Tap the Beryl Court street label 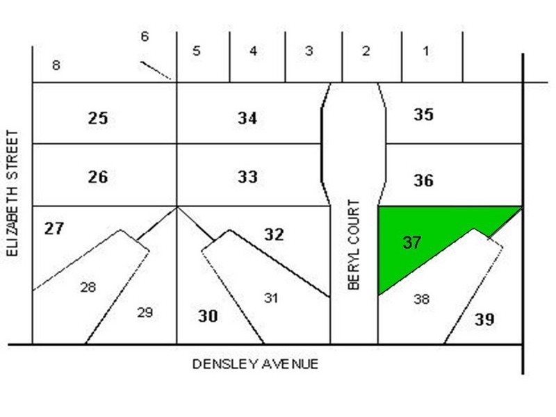pyautogui.click(x=354, y=245)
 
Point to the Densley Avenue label pyautogui.click(x=255, y=363)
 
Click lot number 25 pyautogui.click(x=98, y=118)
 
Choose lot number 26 pyautogui.click(x=98, y=177)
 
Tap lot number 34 pyautogui.click(x=247, y=119)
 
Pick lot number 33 pyautogui.click(x=247, y=177)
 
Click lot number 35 pyautogui.click(x=423, y=115)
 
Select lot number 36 pyautogui.click(x=423, y=181)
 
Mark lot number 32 pyautogui.click(x=274, y=235)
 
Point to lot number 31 pyautogui.click(x=271, y=297)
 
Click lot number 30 pyautogui.click(x=208, y=316)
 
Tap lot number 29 pyautogui.click(x=144, y=313)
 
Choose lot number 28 pyautogui.click(x=88, y=286)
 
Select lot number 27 pyautogui.click(x=54, y=228)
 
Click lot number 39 pyautogui.click(x=484, y=320)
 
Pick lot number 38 pyautogui.click(x=421, y=299)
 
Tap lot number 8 pyautogui.click(x=56, y=66)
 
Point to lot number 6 pyautogui.click(x=145, y=36)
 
